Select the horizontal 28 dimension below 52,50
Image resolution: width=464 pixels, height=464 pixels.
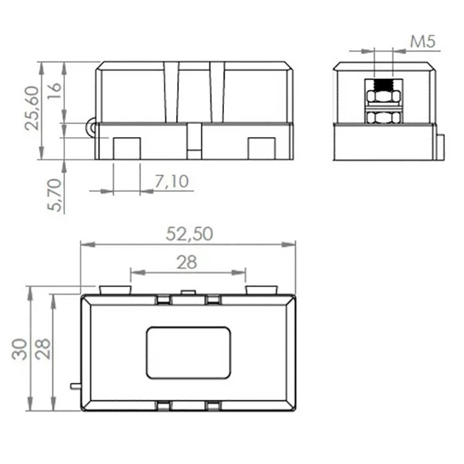pos(188,262)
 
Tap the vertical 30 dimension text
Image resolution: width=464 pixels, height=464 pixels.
pos(19,349)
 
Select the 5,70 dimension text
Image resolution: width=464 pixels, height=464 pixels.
pos(57,195)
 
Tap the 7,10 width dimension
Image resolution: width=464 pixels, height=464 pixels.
pos(171,180)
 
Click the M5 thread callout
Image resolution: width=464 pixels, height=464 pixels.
pos(422,42)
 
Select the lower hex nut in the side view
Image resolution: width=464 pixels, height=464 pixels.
pos(384,118)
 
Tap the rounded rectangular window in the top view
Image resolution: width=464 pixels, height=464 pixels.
pos(188,352)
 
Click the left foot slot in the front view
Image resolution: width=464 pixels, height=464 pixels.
pos(127,147)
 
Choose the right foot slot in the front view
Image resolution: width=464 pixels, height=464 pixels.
pos(262,147)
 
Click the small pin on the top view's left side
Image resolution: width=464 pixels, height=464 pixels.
pos(75,385)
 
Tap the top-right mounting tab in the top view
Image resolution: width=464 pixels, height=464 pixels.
pos(261,290)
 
